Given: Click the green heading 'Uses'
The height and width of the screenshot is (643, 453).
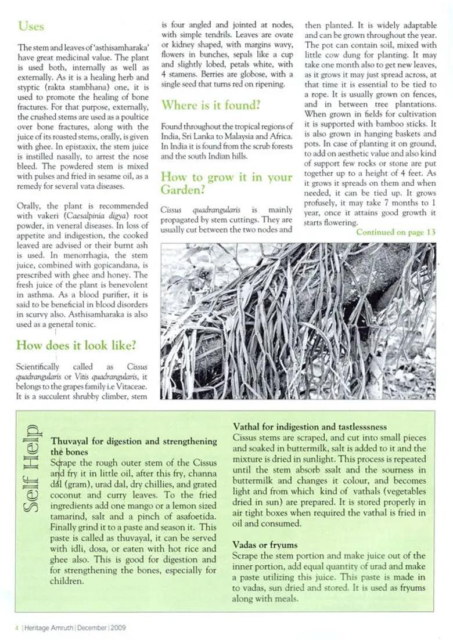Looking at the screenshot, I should (31, 26).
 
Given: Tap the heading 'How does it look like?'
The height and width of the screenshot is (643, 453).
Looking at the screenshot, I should (76, 345).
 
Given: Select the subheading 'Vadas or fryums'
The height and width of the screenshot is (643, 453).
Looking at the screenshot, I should (265, 545).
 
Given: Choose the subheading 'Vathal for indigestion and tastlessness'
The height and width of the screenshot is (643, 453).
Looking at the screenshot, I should (310, 427).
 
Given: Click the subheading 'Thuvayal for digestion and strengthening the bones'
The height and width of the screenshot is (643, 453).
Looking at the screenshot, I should (134, 446).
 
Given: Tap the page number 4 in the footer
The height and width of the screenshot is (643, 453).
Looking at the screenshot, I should (17, 627).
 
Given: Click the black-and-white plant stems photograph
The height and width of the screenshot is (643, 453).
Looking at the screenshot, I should (298, 321).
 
